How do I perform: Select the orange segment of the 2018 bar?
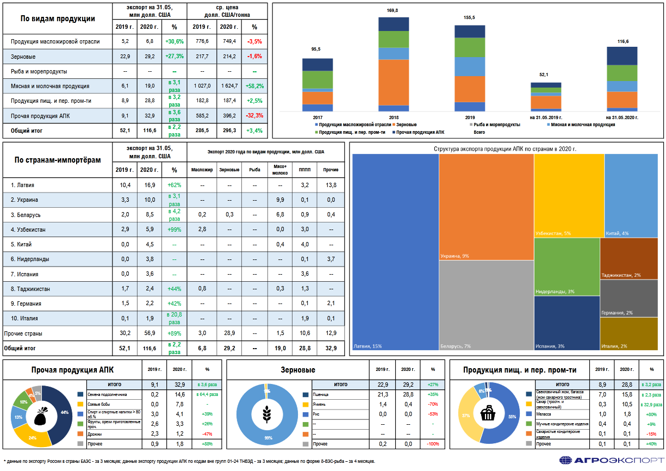click(394, 82)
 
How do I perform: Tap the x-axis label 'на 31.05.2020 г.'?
click(622, 117)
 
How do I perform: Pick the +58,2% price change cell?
click(254, 86)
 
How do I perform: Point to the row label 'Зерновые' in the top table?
click(23, 56)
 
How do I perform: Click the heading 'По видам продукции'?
click(58, 18)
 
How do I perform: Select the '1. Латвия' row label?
click(22, 185)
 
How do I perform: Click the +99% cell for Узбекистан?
click(174, 230)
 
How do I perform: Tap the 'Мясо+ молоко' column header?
click(280, 170)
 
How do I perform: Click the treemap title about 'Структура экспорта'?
click(505, 148)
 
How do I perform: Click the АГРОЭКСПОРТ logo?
click(611, 460)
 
